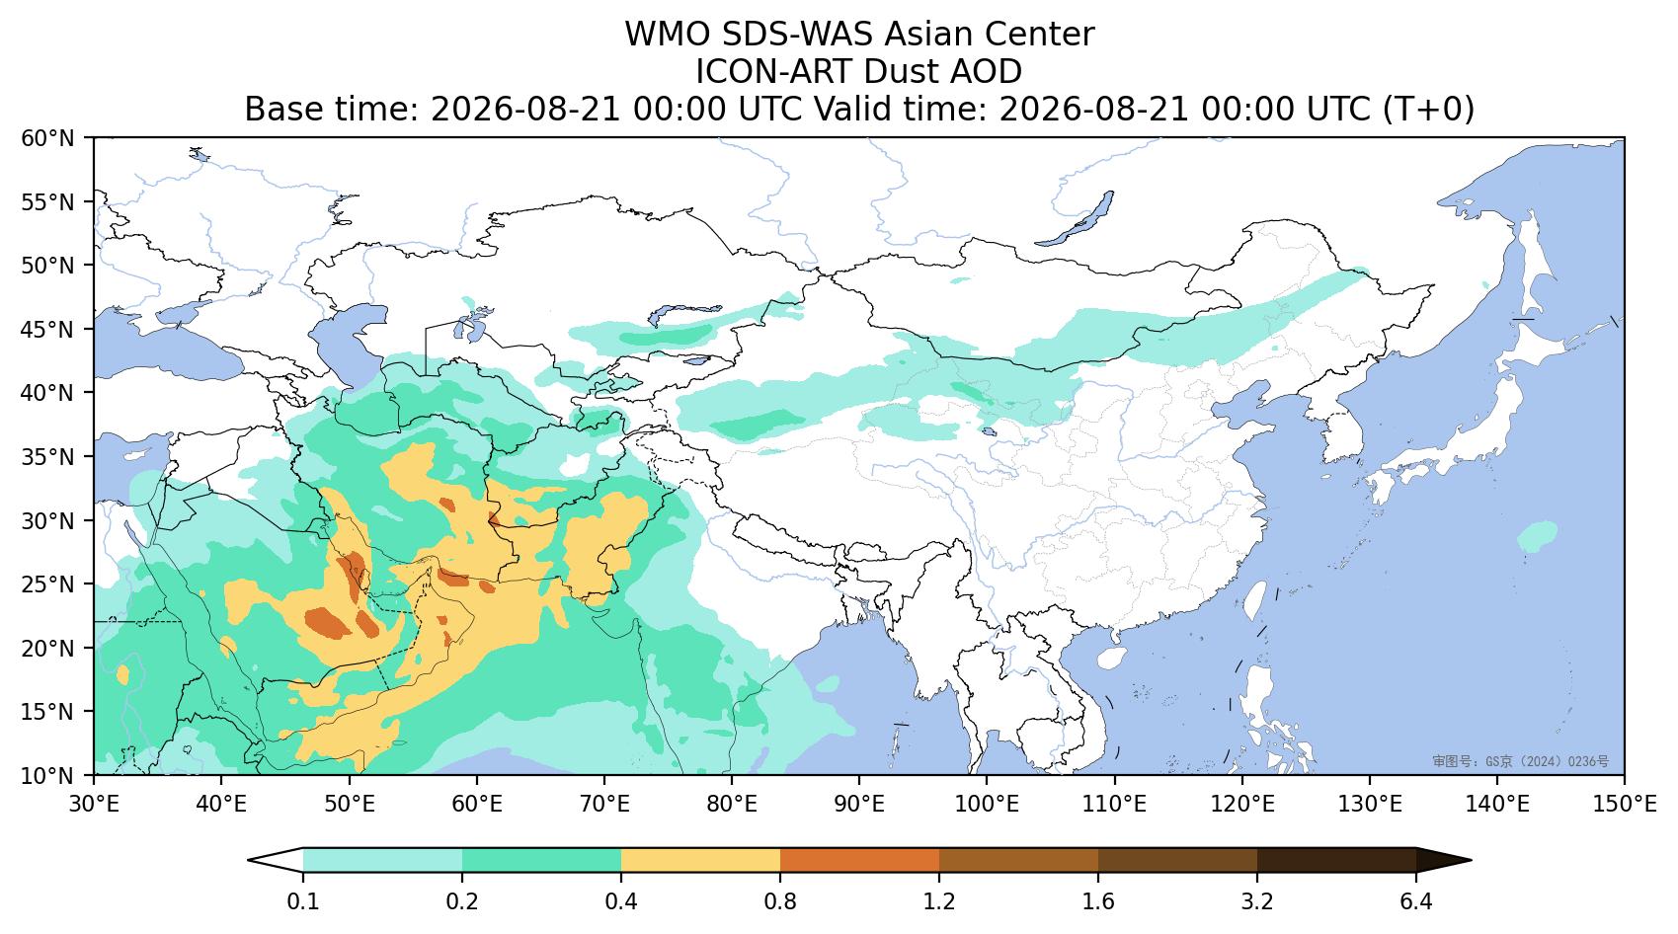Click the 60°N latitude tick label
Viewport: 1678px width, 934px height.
coord(47,138)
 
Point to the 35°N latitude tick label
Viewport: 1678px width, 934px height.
coord(47,456)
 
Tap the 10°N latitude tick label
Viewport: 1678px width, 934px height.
coord(47,774)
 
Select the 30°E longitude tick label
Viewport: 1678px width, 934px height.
coord(94,805)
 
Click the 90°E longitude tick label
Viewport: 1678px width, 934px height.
coord(859,805)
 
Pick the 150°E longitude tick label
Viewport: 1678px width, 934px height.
coord(1624,805)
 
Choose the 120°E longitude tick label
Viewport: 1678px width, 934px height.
coord(1242,805)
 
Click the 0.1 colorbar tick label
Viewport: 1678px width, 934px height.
coord(302,901)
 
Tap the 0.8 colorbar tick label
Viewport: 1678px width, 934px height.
coord(780,901)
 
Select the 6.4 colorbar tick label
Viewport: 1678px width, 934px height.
coord(1416,901)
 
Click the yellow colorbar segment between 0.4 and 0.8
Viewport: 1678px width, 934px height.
coord(700,860)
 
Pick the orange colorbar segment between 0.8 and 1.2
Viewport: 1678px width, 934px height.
coord(859,860)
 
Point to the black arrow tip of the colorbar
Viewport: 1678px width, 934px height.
coord(1469,860)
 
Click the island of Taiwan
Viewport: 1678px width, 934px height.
coord(1254,600)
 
